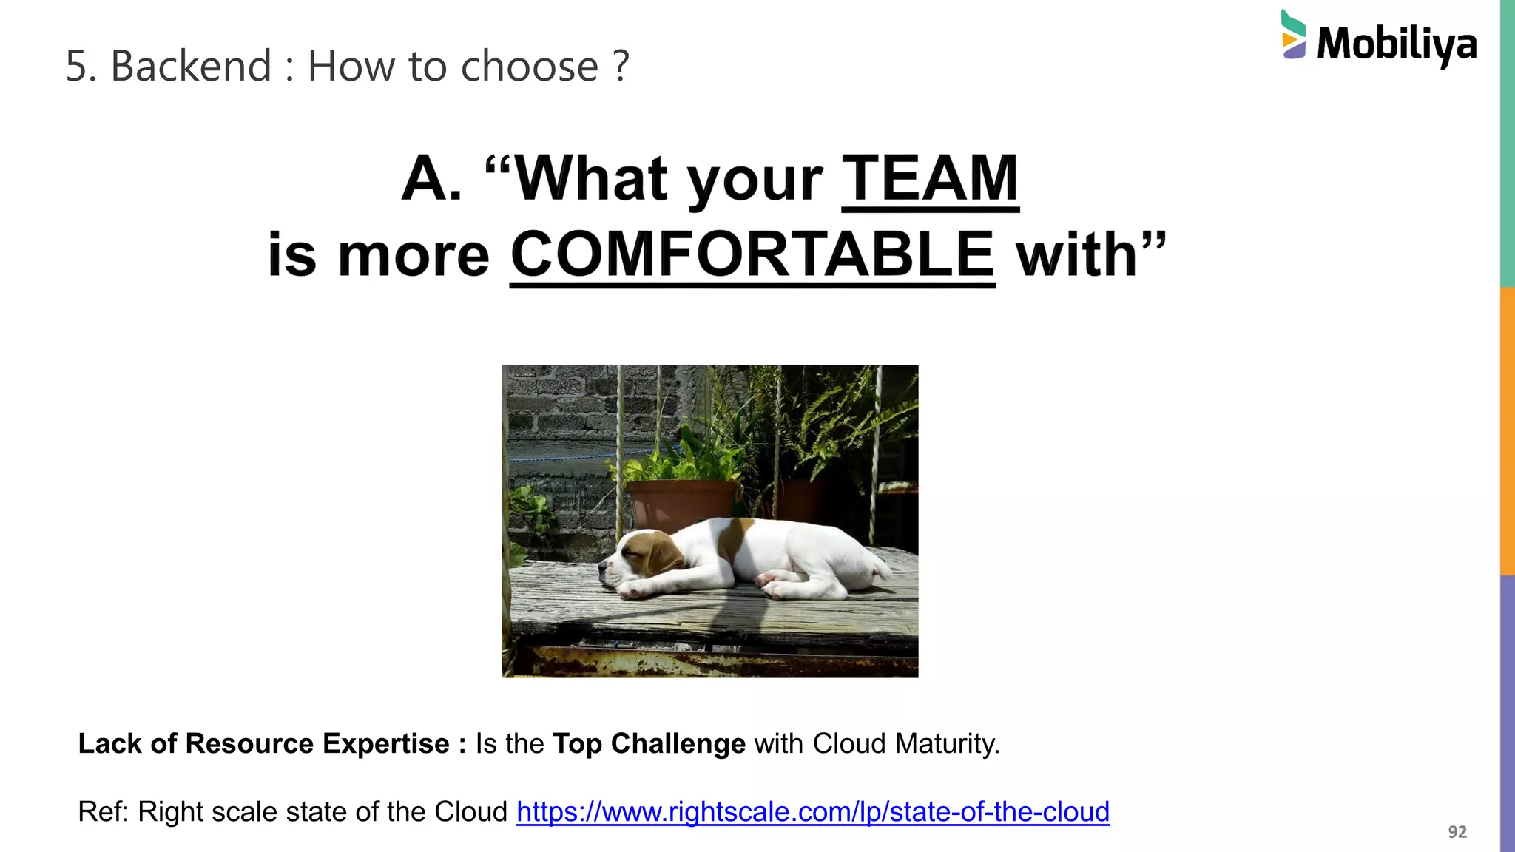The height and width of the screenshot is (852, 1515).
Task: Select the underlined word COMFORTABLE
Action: (752, 255)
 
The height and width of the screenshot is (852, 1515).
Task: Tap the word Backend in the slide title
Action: (191, 66)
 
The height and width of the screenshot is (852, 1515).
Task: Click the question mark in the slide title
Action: (621, 66)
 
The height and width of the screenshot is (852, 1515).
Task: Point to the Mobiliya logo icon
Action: (1293, 35)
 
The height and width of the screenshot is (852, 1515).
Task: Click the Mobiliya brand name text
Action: (1397, 44)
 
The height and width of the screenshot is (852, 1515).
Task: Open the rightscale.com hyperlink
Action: (812, 811)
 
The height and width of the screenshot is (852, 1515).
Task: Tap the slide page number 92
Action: (1457, 832)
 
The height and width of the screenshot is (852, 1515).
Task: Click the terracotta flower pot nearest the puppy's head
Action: (681, 504)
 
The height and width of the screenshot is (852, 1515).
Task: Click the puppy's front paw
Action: (635, 589)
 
